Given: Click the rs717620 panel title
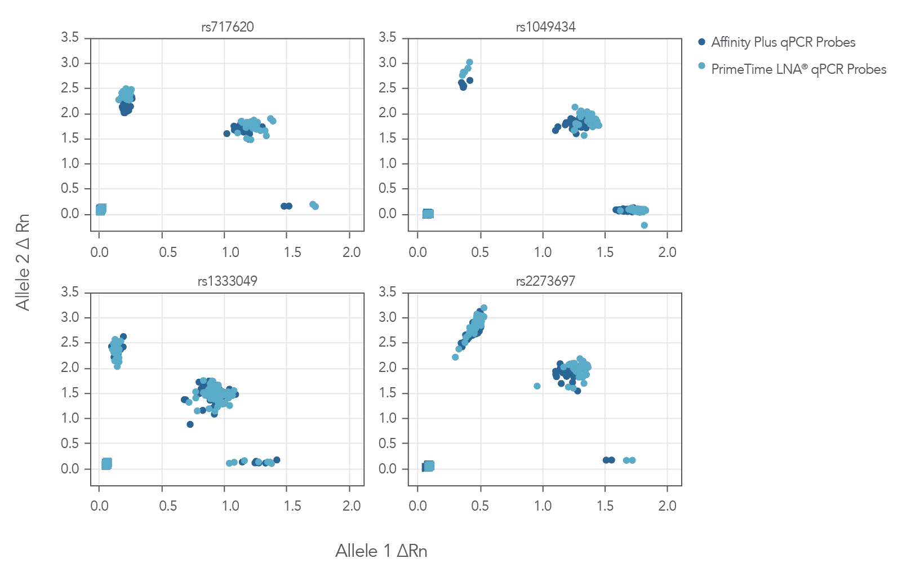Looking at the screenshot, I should point(227,26).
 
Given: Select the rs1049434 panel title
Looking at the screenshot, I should point(545,26).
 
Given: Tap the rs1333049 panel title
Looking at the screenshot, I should point(227,281).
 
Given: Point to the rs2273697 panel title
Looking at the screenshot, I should point(545,281).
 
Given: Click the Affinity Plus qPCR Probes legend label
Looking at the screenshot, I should point(783,42).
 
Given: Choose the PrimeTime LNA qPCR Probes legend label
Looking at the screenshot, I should point(798,69).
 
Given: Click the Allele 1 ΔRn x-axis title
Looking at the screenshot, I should point(381,551).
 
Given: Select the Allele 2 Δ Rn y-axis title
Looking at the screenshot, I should point(23,262).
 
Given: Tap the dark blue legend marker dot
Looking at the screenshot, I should point(701,42).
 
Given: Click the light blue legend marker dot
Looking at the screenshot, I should point(701,66).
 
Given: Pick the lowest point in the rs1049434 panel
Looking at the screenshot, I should point(644,225).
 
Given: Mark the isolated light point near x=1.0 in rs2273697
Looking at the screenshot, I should point(537,386).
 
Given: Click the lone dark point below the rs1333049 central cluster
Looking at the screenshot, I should point(190,424).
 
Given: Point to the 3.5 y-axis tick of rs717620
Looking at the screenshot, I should point(70,37).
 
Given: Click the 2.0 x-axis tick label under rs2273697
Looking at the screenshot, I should point(667,506).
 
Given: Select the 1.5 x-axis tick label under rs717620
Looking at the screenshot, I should point(292,252).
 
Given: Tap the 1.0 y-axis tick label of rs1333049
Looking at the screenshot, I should point(70,418).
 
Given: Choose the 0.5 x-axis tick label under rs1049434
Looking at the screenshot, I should point(480,252).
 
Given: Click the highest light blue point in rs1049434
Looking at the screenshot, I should point(469,63).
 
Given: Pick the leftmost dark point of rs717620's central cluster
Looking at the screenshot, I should point(226,134).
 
